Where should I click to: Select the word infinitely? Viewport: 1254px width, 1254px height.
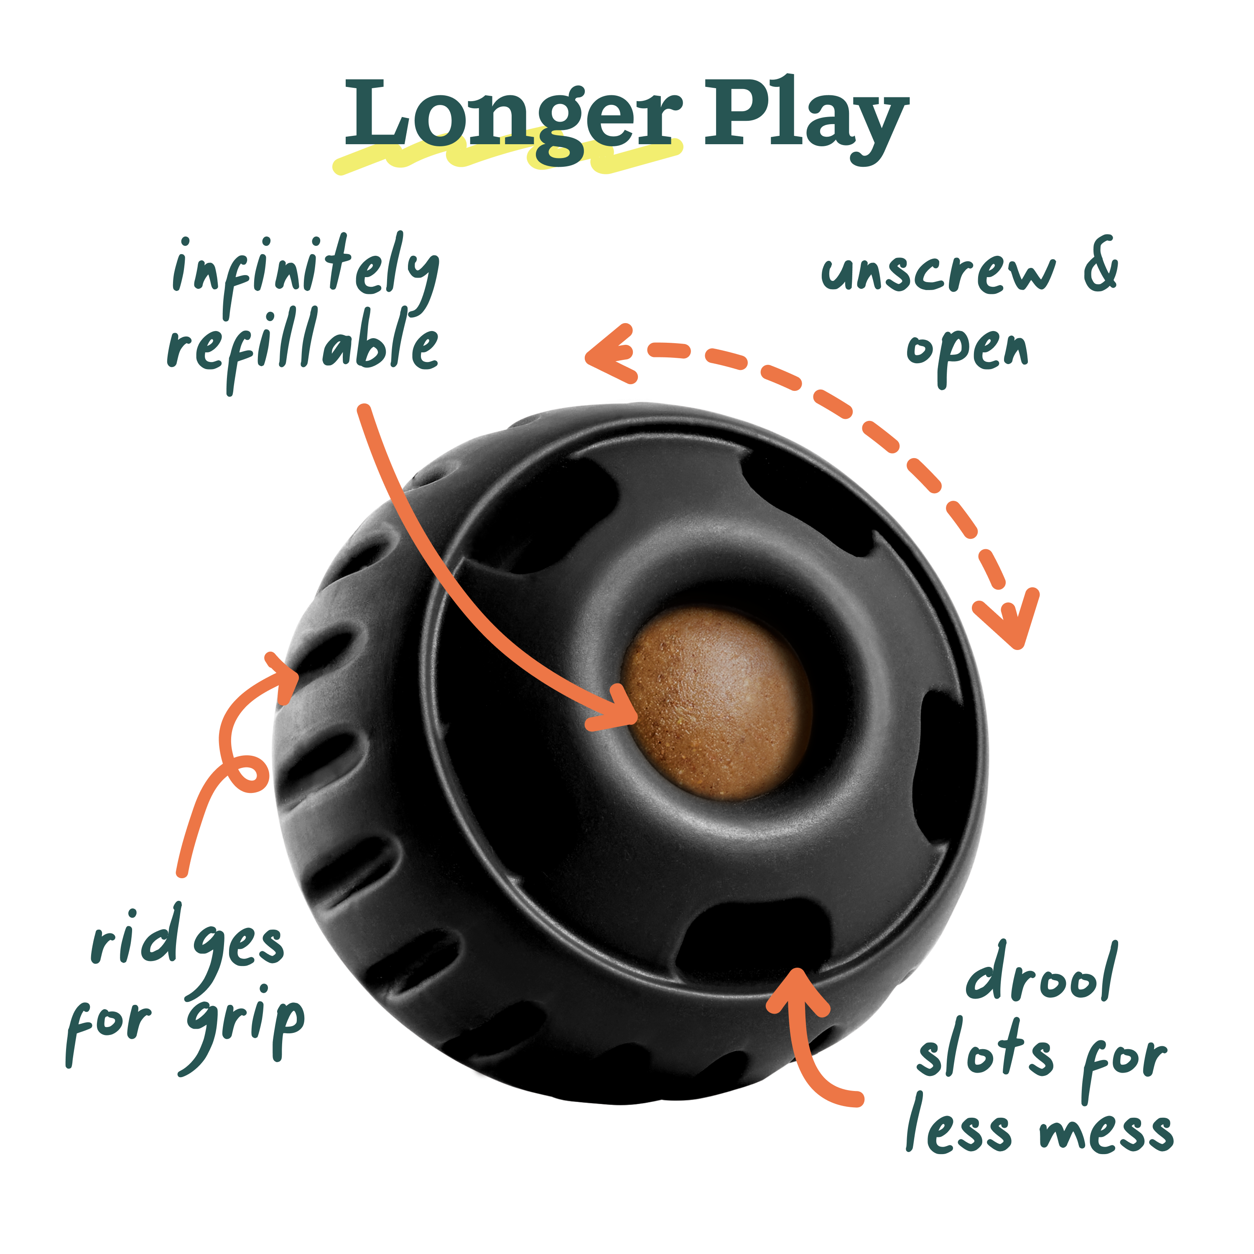coord(305,273)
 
